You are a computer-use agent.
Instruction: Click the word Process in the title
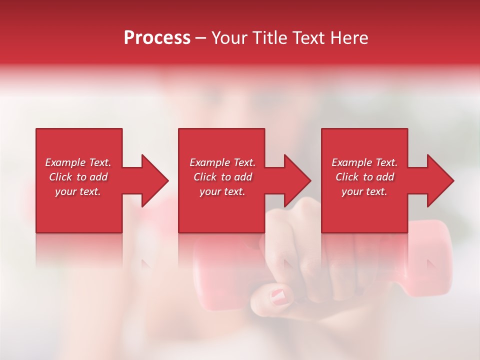[x=157, y=38]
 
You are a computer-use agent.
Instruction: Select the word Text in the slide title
[x=310, y=38]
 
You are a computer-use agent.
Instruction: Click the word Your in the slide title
[x=229, y=38]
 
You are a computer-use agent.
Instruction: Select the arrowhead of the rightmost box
[x=439, y=180]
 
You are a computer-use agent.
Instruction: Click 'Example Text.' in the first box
[x=78, y=162]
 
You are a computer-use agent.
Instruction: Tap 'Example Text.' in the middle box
[x=222, y=162]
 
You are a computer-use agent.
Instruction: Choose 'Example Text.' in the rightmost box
[x=364, y=162]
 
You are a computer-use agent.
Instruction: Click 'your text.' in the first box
[x=78, y=191]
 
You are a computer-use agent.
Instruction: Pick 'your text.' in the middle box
[x=222, y=191]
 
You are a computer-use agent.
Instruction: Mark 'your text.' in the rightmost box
[x=364, y=191]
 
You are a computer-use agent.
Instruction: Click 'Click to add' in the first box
[x=78, y=177]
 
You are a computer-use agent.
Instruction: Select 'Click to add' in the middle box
[x=222, y=177]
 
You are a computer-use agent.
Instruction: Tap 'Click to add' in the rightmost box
[x=364, y=177]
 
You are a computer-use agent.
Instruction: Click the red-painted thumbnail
[x=279, y=296]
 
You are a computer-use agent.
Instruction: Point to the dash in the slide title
[x=200, y=38]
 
